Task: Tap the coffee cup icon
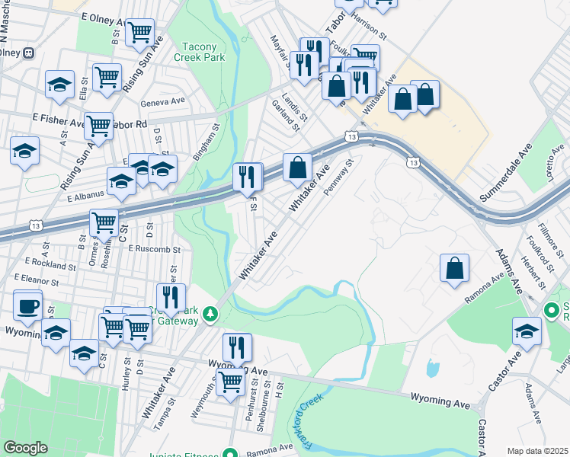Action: point(28,306)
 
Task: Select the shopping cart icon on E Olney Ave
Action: point(139,33)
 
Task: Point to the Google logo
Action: point(25,448)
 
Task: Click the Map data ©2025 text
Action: point(537,451)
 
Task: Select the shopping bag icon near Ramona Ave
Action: point(454,268)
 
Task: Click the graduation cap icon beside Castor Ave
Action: point(527,331)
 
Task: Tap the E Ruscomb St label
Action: point(154,249)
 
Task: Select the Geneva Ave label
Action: point(162,103)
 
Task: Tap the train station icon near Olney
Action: point(28,53)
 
